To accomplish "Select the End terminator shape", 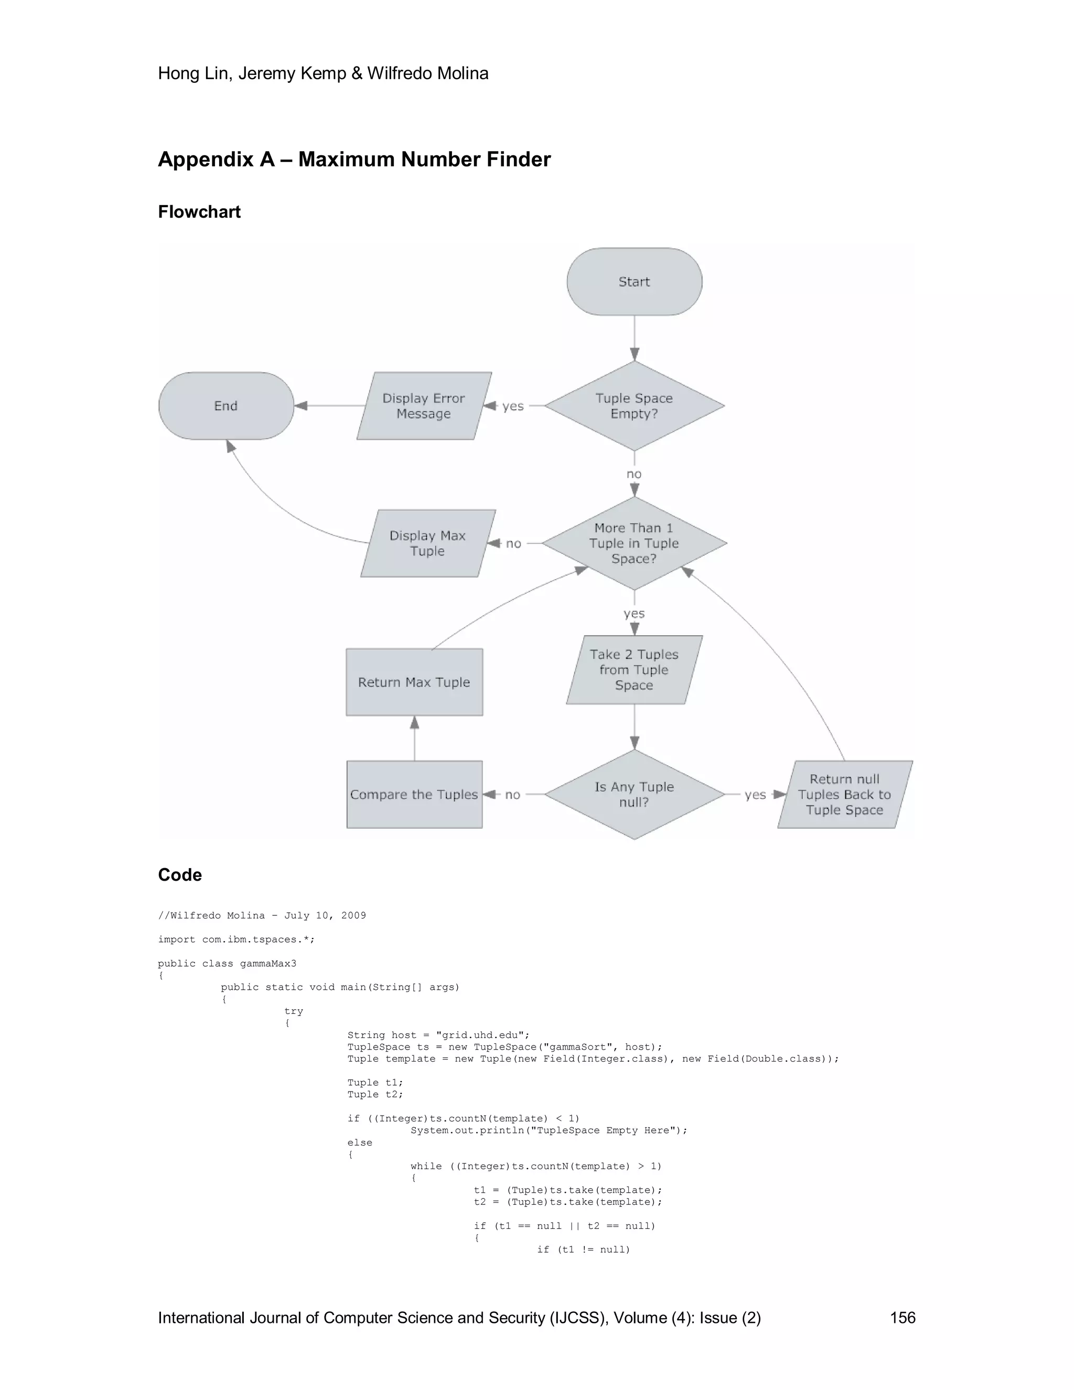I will pyautogui.click(x=226, y=405).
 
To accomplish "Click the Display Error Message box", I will pyautogui.click(x=424, y=405).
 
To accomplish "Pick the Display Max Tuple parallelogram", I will pyautogui.click(x=427, y=543).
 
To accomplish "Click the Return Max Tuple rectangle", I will pyautogui.click(x=414, y=682).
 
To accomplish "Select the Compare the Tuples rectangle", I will pyautogui.click(x=414, y=794).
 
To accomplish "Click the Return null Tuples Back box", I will pyautogui.click(x=844, y=794).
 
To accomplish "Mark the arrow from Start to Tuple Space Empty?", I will pyautogui.click(x=635, y=338).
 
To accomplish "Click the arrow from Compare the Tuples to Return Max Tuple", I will pyautogui.click(x=415, y=739).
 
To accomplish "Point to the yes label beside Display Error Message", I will pyautogui.click(x=513, y=406).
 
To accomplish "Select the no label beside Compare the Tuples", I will pyautogui.click(x=513, y=795).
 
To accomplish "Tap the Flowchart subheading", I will pyautogui.click(x=199, y=212).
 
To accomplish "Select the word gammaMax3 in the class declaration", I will pyautogui.click(x=268, y=964).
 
